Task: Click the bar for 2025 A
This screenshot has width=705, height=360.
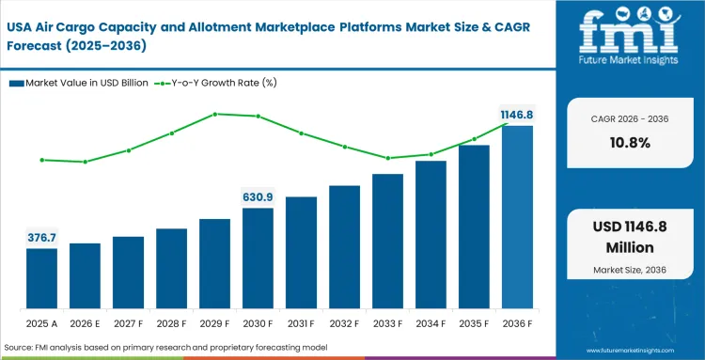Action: [41, 279]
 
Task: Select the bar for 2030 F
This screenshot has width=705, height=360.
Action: [258, 258]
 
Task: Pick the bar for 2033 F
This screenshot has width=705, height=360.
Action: [387, 242]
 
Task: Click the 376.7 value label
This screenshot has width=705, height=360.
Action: [41, 237]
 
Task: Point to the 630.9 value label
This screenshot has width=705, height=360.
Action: [258, 196]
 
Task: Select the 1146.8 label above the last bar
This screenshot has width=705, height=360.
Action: [516, 114]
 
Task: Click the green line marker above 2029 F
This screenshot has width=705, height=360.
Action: [215, 114]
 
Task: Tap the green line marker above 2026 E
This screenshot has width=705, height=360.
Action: [85, 162]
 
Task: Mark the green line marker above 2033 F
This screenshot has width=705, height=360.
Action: [387, 158]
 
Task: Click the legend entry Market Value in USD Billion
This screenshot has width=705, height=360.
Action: [79, 83]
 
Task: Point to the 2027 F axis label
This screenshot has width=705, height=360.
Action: [128, 324]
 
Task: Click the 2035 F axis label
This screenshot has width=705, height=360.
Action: [474, 324]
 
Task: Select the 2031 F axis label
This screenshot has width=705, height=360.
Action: [301, 324]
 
